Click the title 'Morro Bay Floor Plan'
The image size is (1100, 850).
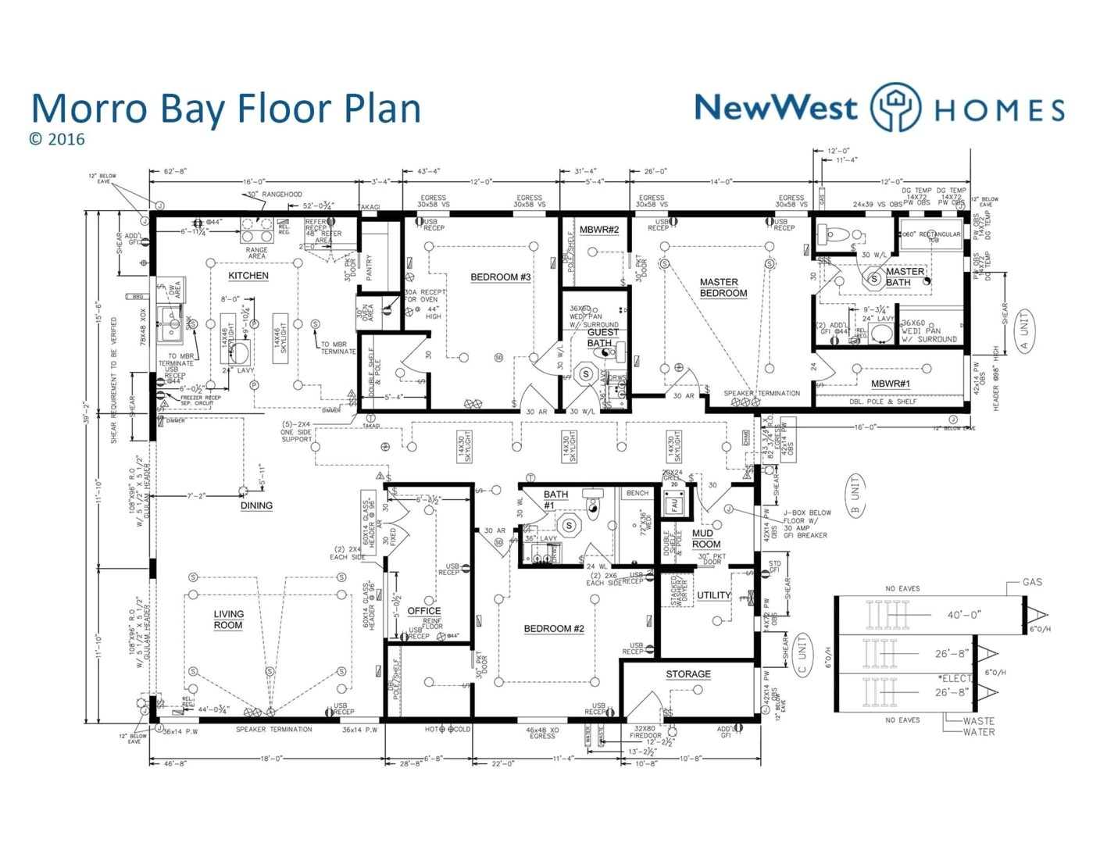[226, 109]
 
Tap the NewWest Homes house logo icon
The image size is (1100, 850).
[895, 107]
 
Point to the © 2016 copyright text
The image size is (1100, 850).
[56, 140]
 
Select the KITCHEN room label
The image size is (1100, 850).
[248, 276]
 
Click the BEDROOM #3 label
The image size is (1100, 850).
[500, 277]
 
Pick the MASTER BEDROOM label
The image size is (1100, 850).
[723, 287]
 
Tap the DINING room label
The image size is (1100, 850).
[256, 505]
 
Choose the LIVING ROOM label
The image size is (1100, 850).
[228, 620]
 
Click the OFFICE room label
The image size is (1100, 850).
[424, 611]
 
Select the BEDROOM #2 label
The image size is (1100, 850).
[554, 629]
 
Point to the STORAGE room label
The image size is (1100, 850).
[688, 674]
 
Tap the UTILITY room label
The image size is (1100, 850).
[713, 595]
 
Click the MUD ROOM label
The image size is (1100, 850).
[706, 539]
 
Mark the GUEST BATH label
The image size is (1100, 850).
[602, 337]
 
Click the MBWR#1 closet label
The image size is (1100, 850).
[891, 384]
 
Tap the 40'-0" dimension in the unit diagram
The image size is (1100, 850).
[964, 615]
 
